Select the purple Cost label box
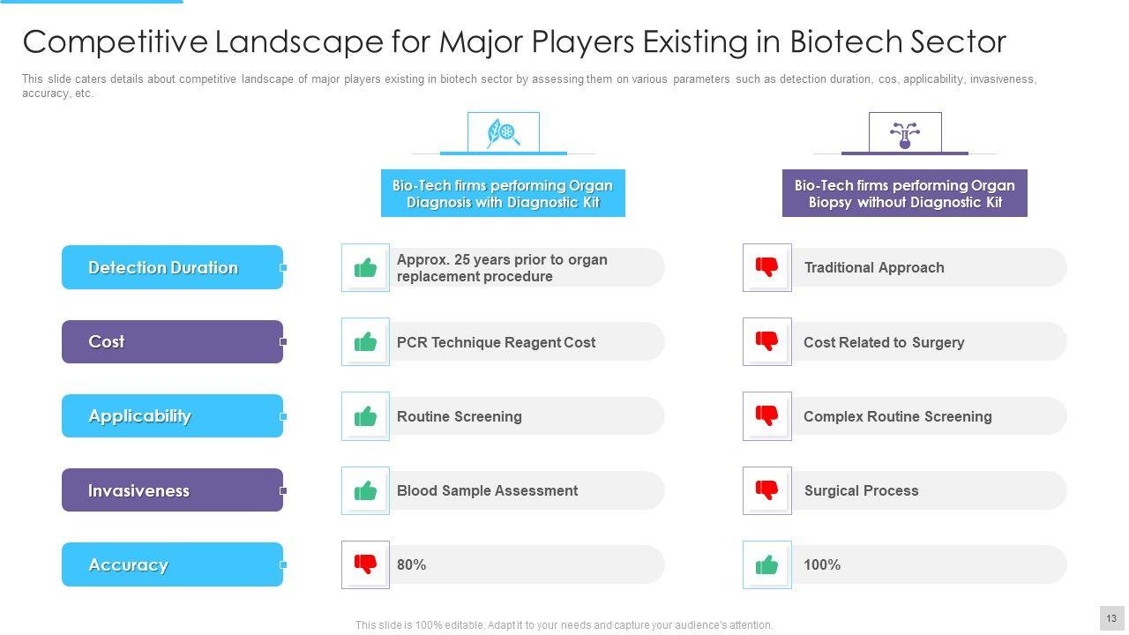point(172,341)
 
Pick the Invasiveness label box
point(172,490)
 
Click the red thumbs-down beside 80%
point(365,564)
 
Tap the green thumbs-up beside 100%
point(767,564)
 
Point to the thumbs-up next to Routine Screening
point(365,416)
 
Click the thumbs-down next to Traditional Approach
point(767,267)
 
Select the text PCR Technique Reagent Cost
point(496,342)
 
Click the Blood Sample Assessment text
point(487,490)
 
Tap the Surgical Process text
point(861,490)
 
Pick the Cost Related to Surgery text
point(883,342)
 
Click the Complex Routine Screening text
point(897,416)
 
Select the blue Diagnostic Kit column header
point(503,193)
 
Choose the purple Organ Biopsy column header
point(904,193)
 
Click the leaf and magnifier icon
point(503,133)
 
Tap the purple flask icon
point(904,133)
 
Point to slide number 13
point(1111,618)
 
